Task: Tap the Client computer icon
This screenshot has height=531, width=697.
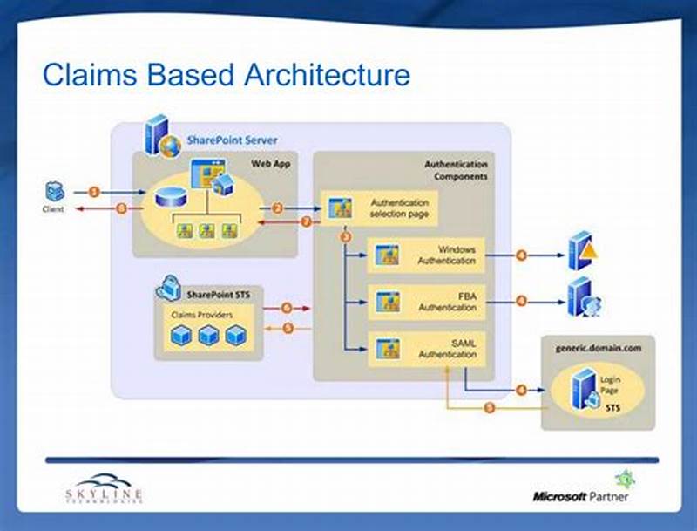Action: coord(53,193)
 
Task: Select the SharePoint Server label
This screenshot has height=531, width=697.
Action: coord(233,140)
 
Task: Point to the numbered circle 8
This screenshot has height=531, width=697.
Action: coord(121,208)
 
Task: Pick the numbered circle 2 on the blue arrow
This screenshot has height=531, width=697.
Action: coord(278,208)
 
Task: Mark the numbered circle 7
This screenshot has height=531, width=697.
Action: coord(306,221)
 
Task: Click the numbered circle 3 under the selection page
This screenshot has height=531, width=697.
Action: coord(346,236)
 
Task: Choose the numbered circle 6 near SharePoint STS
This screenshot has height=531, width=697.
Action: coord(286,308)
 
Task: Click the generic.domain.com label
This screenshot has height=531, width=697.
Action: coord(598,347)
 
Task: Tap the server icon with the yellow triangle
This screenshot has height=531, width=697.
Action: coord(583,252)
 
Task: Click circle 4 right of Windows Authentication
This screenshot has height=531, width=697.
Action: coord(520,255)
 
